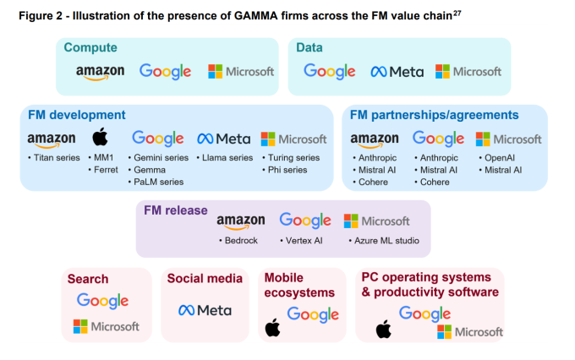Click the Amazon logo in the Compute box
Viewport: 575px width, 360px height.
pyautogui.click(x=100, y=73)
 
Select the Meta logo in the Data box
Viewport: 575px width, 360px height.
pyautogui.click(x=397, y=72)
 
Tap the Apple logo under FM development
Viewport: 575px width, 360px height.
pyautogui.click(x=100, y=138)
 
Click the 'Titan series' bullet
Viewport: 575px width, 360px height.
pyautogui.click(x=55, y=157)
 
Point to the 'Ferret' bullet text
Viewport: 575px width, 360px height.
pyautogui.click(x=107, y=169)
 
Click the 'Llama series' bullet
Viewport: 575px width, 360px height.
pyautogui.click(x=227, y=157)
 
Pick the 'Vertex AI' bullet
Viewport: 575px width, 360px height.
pyautogui.click(x=305, y=241)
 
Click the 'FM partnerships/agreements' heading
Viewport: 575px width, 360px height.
pyautogui.click(x=434, y=115)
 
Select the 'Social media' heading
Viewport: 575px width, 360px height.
pyautogui.click(x=204, y=278)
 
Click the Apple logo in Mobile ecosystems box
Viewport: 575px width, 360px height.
pyautogui.click(x=272, y=327)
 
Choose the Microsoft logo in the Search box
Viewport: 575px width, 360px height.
pyautogui.click(x=106, y=326)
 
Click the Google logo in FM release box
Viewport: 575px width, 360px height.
pyautogui.click(x=304, y=221)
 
